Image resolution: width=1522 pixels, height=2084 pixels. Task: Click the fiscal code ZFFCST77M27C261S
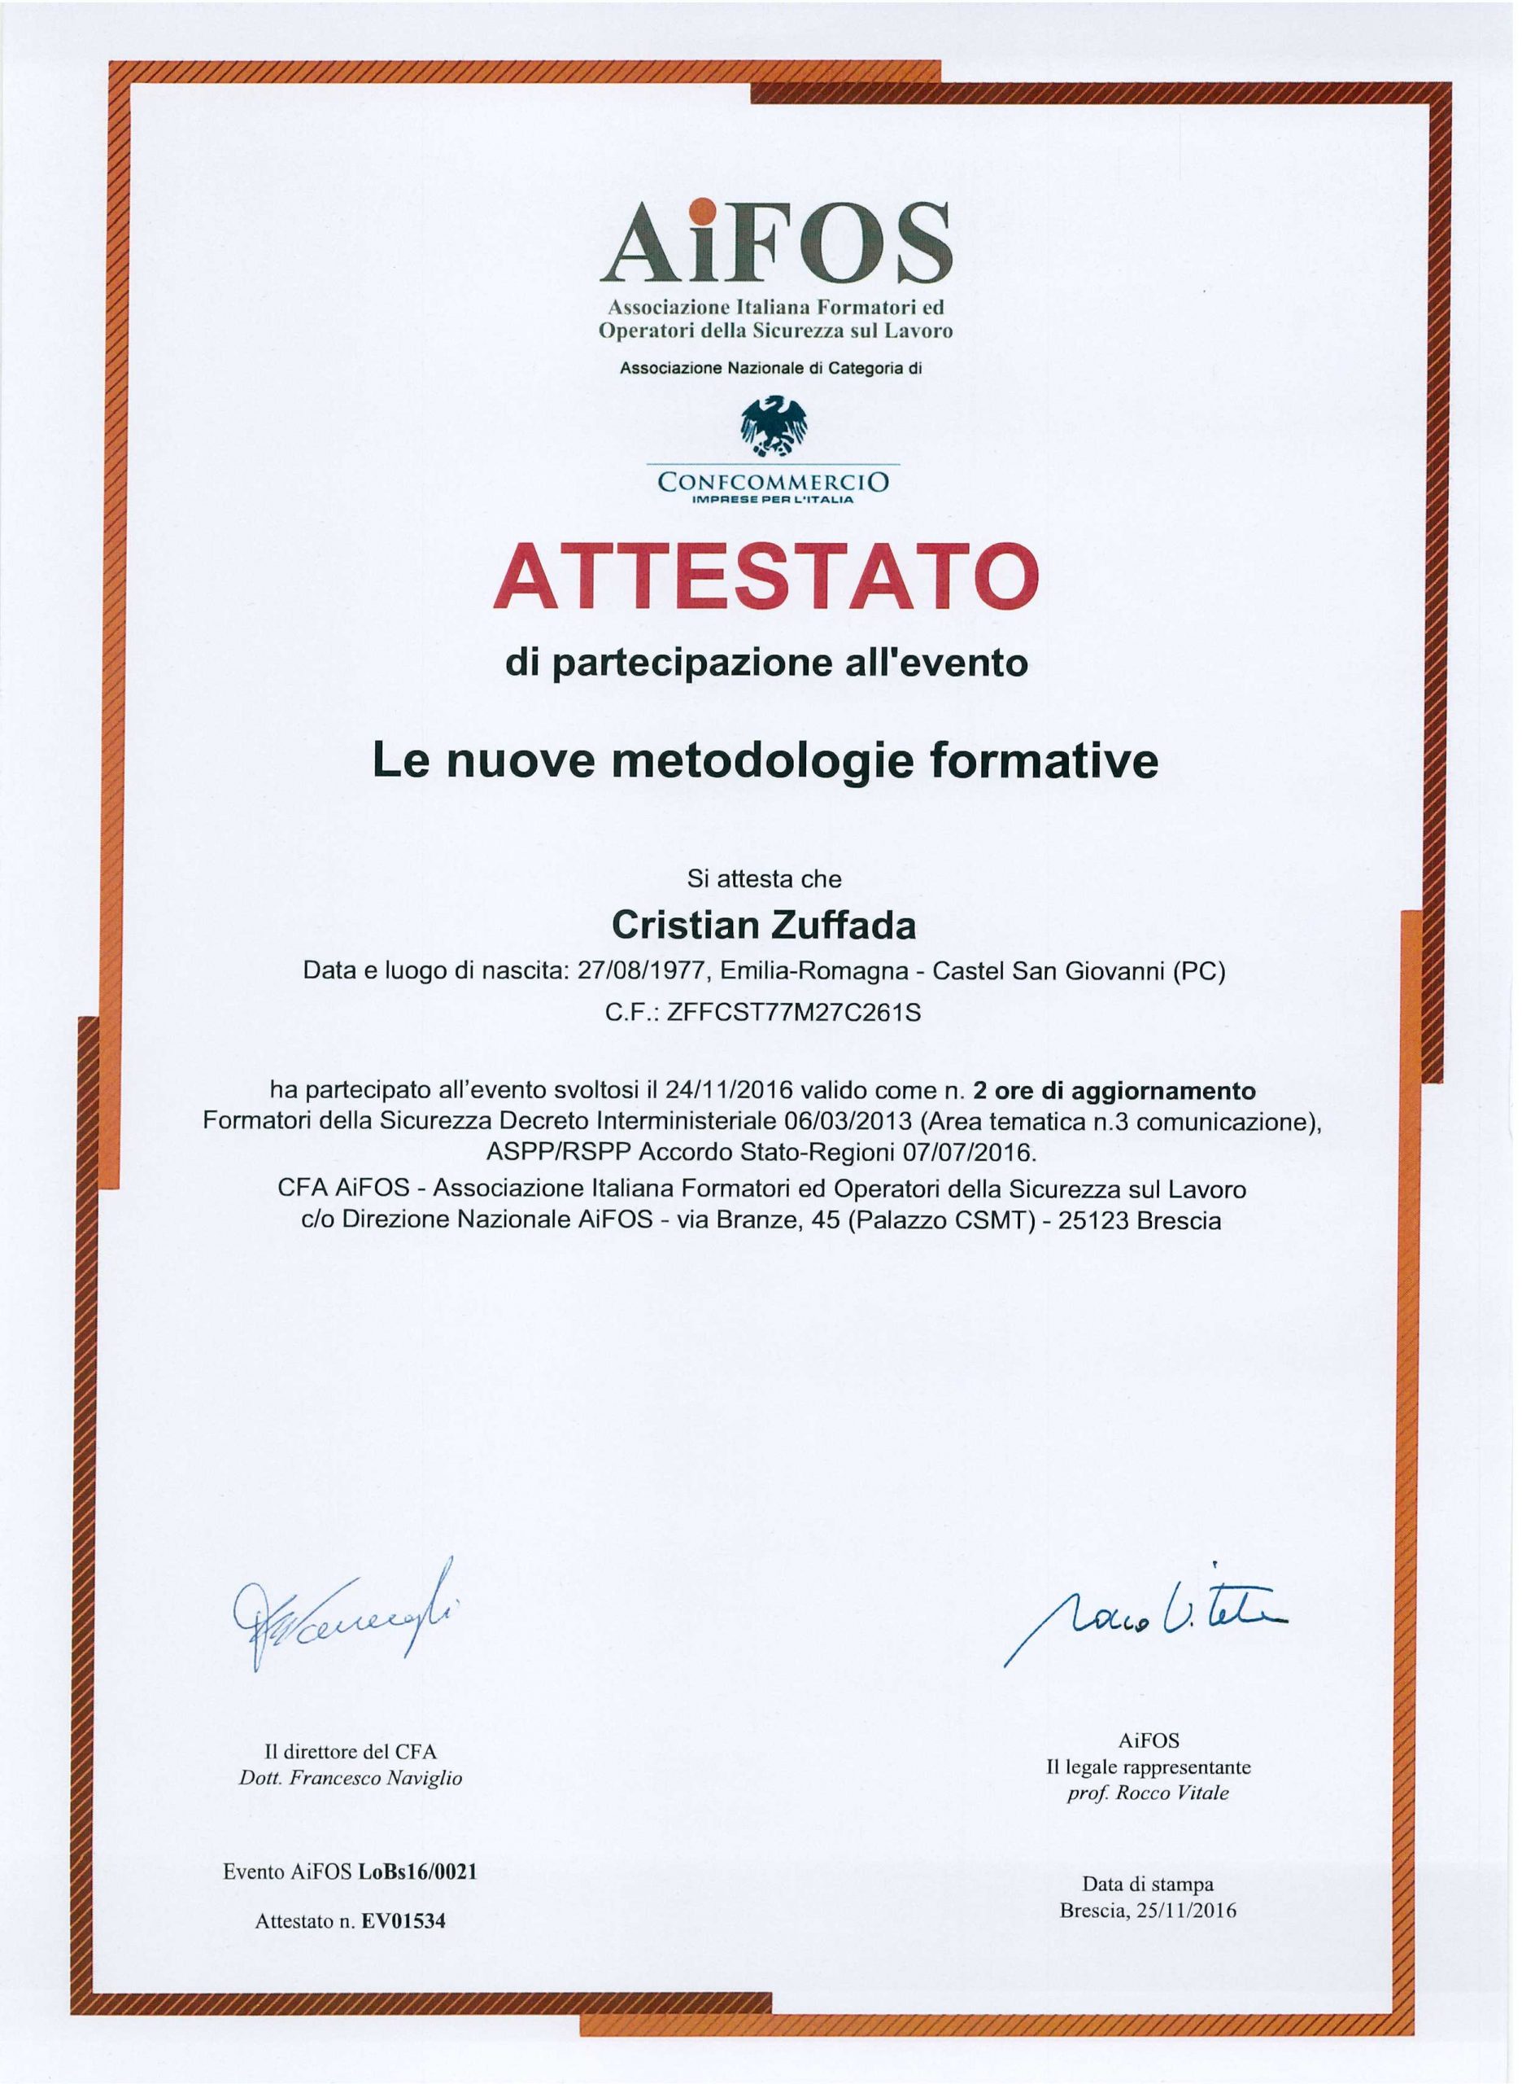click(x=794, y=1013)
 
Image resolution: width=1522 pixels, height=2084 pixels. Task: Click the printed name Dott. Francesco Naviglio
click(x=350, y=1779)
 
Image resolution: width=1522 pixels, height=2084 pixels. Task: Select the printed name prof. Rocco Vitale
click(x=1148, y=1793)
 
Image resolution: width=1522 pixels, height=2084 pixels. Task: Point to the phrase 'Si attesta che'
click(x=764, y=878)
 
